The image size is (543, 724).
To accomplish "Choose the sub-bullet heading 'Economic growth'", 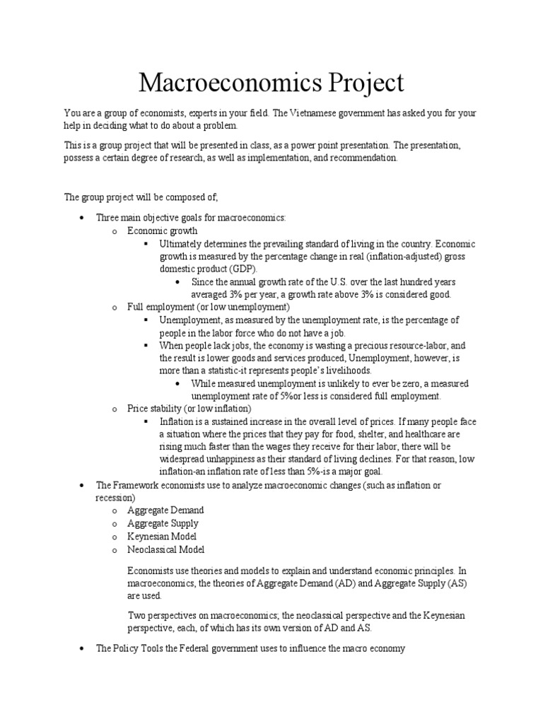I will coord(163,230).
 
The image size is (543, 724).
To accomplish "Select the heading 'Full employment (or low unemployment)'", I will coord(208,308).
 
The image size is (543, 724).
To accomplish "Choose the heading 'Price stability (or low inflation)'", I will coord(189,409).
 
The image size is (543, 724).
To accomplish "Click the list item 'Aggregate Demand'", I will coord(165,510).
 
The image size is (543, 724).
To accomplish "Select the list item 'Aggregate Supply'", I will coord(163,523).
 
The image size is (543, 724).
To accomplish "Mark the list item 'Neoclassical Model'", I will coord(166,549).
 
